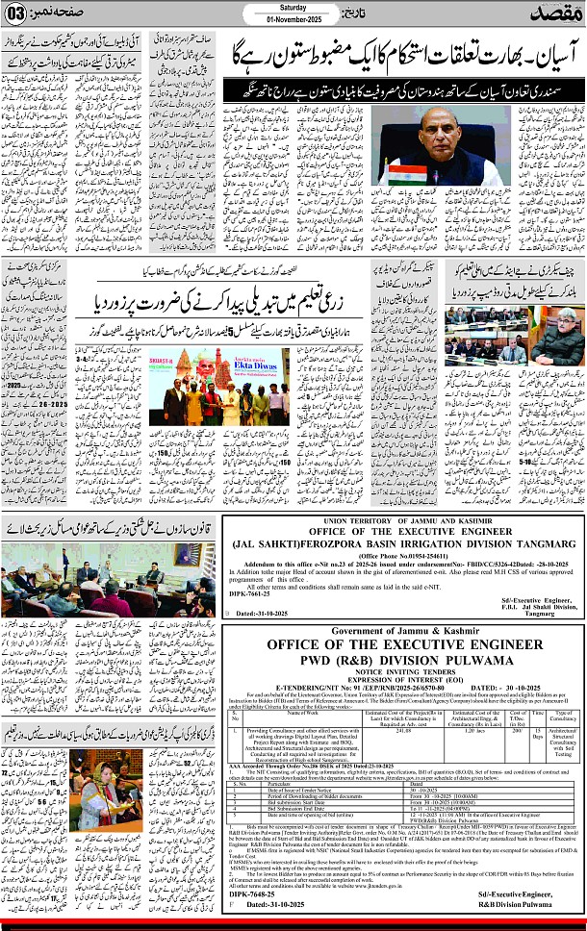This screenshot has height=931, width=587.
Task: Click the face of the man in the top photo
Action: click(x=419, y=132)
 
